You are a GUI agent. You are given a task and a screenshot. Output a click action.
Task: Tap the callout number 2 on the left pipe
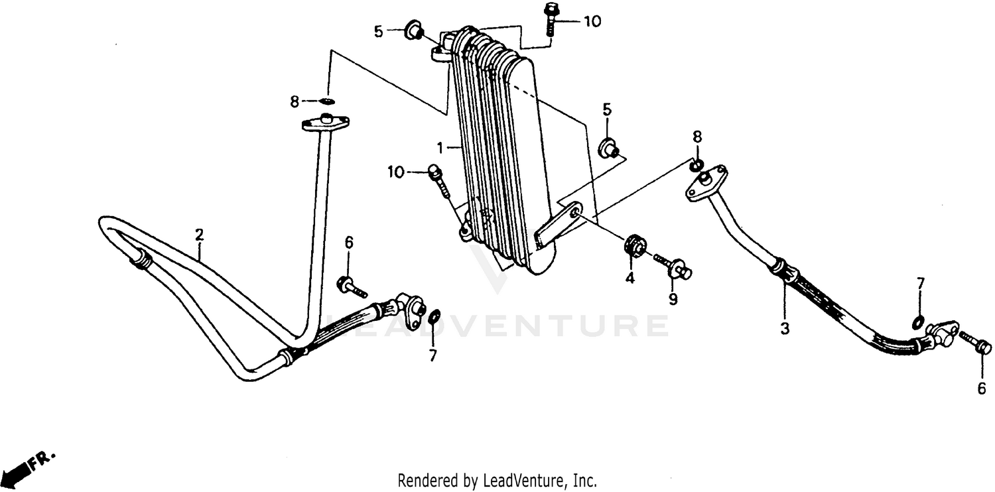point(199,233)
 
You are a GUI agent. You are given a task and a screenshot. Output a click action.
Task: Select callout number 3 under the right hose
point(784,328)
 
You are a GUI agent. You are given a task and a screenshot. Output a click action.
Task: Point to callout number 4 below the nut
point(630,278)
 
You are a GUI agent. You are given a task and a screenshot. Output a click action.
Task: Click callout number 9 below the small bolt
point(673,300)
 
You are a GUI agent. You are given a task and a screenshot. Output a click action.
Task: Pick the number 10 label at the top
point(592,21)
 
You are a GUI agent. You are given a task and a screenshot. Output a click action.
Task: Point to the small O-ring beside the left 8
point(327,101)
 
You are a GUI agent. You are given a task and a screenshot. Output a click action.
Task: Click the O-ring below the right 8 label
point(695,165)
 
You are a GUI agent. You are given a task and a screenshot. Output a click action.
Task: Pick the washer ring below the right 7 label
point(919,323)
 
